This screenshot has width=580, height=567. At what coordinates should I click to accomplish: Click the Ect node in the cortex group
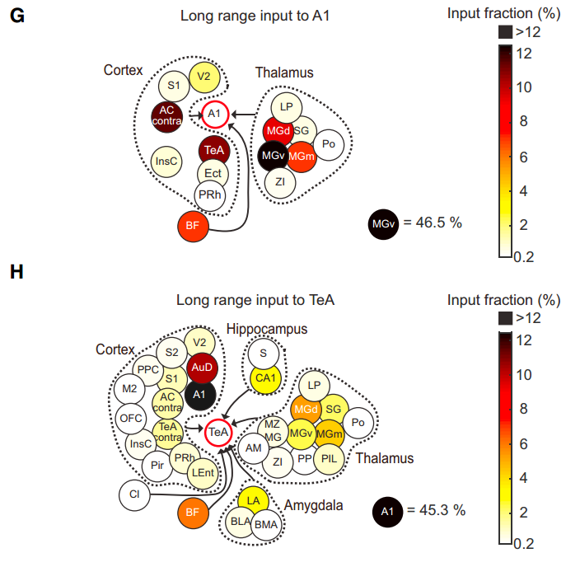coord(213,174)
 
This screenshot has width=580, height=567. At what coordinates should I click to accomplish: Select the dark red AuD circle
coord(200,367)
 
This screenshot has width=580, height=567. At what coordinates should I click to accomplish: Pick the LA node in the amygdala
coord(253,499)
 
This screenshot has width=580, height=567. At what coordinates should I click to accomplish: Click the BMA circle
coord(266,524)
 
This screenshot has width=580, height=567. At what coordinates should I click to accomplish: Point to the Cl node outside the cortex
coord(133,494)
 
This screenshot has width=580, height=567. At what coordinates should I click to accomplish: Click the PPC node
coord(148,369)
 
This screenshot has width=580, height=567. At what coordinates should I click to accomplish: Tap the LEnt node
coord(202,472)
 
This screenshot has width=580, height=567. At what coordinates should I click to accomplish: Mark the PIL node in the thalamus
coord(329,457)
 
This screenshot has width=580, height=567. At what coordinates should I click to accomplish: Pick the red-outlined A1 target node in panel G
coord(214,113)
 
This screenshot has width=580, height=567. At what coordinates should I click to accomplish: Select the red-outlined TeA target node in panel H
coord(218,431)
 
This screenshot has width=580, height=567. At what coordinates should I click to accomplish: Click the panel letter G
coord(16,16)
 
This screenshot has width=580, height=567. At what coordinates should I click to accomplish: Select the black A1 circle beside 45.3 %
coord(386,511)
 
